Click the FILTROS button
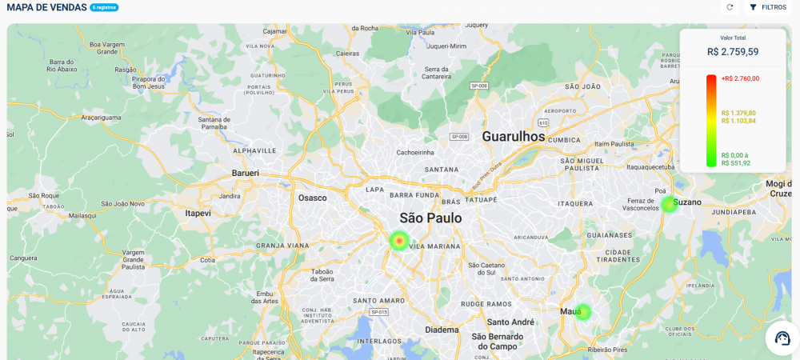click(768, 7)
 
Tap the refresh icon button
click(730, 7)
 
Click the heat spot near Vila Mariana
click(399, 240)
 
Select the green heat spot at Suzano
click(669, 204)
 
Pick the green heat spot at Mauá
click(583, 312)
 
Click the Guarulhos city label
click(513, 137)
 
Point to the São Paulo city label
click(430, 218)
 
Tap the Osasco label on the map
click(312, 198)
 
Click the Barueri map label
click(245, 173)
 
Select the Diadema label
click(442, 330)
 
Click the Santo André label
click(512, 322)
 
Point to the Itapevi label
click(198, 214)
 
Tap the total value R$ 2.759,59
click(733, 52)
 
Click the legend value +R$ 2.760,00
click(740, 78)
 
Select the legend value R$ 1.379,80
click(738, 113)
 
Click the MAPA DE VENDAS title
click(46, 7)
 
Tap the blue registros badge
click(104, 7)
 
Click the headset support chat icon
click(782, 338)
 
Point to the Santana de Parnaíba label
click(208, 122)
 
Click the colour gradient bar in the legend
click(711, 120)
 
